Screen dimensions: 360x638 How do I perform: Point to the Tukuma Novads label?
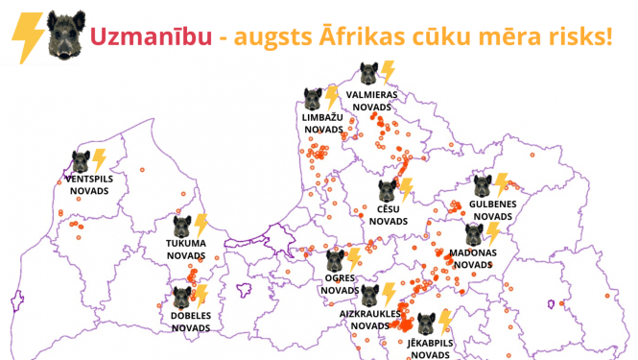tap(186, 250)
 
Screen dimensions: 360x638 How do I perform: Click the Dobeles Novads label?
tap(191, 321)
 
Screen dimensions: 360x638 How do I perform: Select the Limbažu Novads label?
tap(321, 123)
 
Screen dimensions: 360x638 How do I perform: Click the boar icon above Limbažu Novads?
tap(313, 98)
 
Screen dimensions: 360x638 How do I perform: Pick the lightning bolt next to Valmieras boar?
tap(389, 72)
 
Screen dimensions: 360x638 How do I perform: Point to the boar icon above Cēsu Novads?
tap(387, 189)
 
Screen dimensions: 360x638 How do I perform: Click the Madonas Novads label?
tap(472, 258)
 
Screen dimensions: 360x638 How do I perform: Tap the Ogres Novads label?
tap(339, 283)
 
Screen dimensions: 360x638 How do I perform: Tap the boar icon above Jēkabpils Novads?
tap(424, 323)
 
